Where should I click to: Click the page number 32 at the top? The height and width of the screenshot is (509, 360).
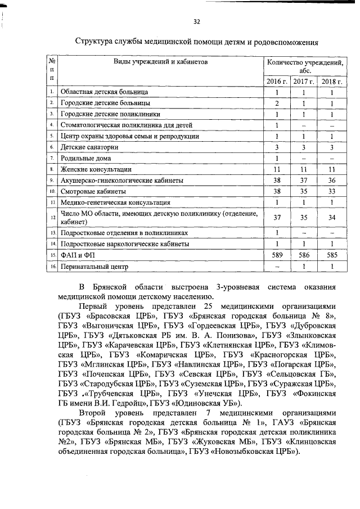[196, 22]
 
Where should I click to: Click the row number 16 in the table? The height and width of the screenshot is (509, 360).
[51, 267]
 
